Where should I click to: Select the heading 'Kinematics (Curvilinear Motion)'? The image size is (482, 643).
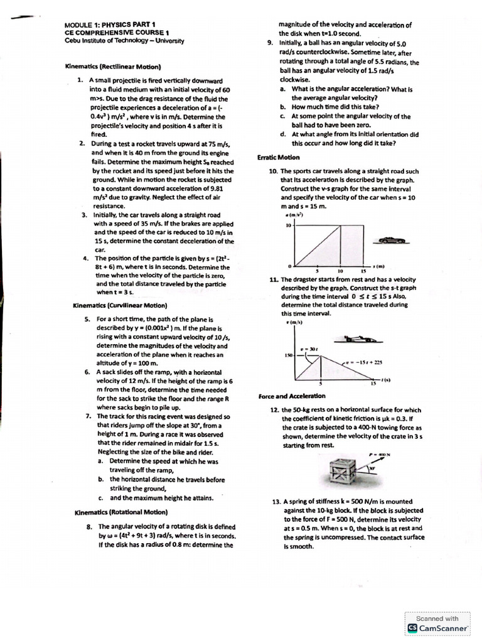(x=120, y=306)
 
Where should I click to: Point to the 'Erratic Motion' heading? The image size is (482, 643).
(x=279, y=157)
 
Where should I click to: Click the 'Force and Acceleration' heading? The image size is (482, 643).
(x=292, y=396)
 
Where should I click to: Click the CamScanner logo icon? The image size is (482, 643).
(x=412, y=627)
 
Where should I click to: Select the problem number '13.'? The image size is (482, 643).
(x=276, y=502)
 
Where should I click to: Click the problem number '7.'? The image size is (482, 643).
(x=89, y=416)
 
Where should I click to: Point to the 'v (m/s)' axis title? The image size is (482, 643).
(x=291, y=323)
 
